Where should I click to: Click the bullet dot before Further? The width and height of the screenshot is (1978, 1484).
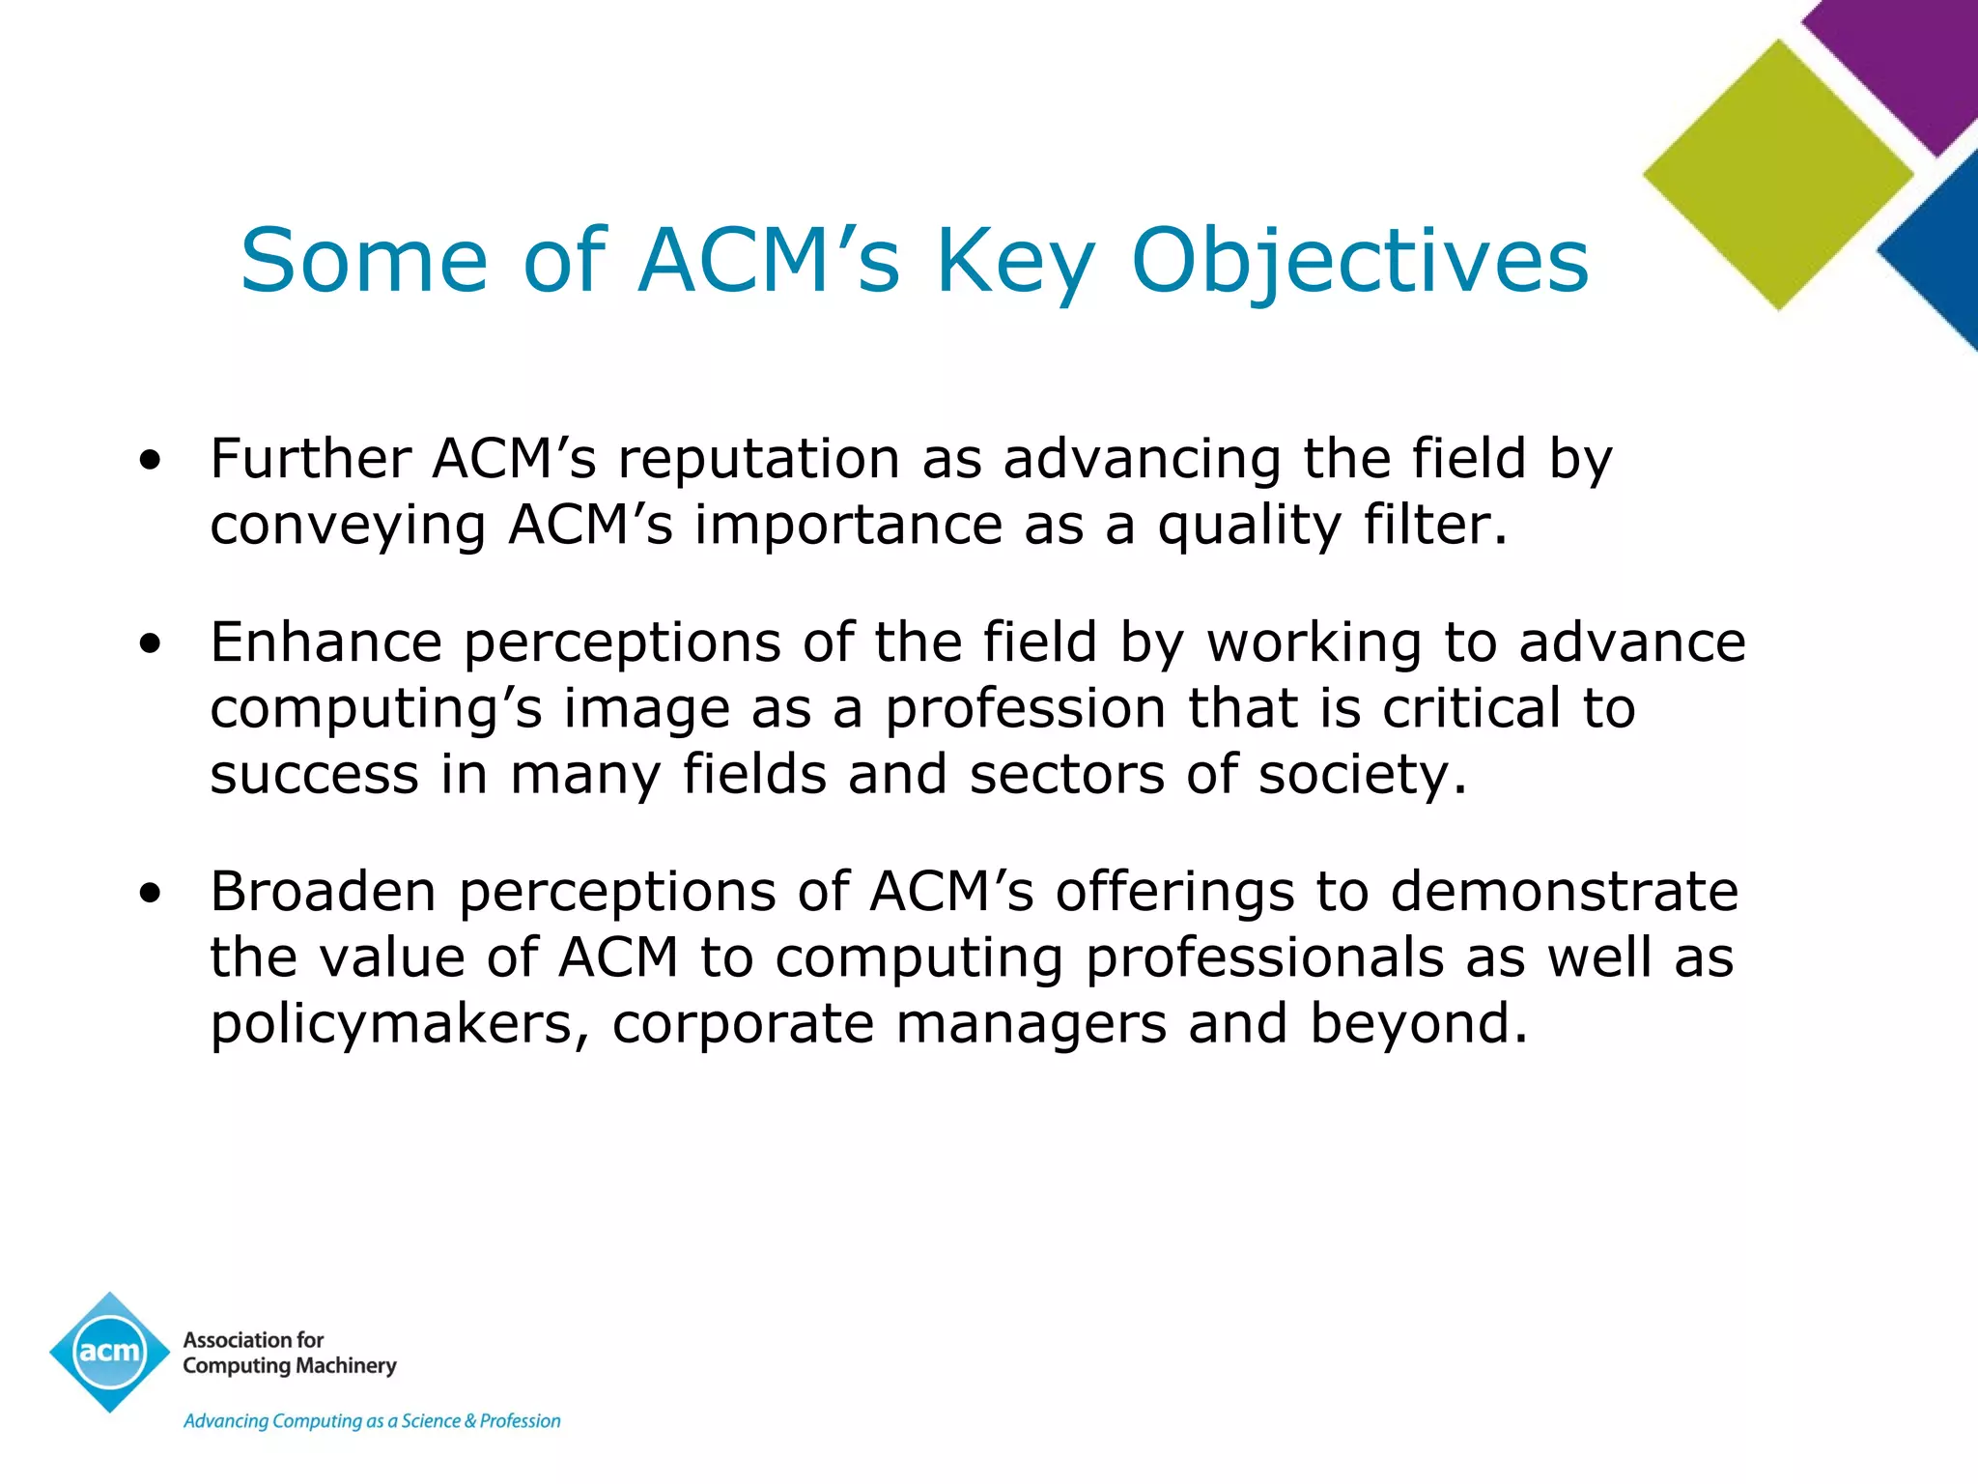[x=150, y=461]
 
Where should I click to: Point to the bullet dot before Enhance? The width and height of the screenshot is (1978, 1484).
[x=150, y=644]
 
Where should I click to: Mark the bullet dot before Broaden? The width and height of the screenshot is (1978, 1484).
[x=150, y=894]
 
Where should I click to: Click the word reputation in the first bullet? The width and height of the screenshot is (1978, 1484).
[x=758, y=460]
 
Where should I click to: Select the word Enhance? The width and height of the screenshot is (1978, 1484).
[x=325, y=642]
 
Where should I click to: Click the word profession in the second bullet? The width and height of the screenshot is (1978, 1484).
[x=1026, y=710]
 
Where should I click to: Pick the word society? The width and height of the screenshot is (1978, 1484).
[x=1362, y=776]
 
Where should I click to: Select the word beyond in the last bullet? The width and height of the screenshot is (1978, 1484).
[x=1418, y=1024]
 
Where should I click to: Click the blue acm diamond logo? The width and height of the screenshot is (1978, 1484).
[x=110, y=1352]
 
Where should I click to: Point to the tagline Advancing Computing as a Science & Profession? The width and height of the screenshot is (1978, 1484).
[x=372, y=1421]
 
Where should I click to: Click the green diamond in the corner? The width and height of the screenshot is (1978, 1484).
[x=1778, y=175]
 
